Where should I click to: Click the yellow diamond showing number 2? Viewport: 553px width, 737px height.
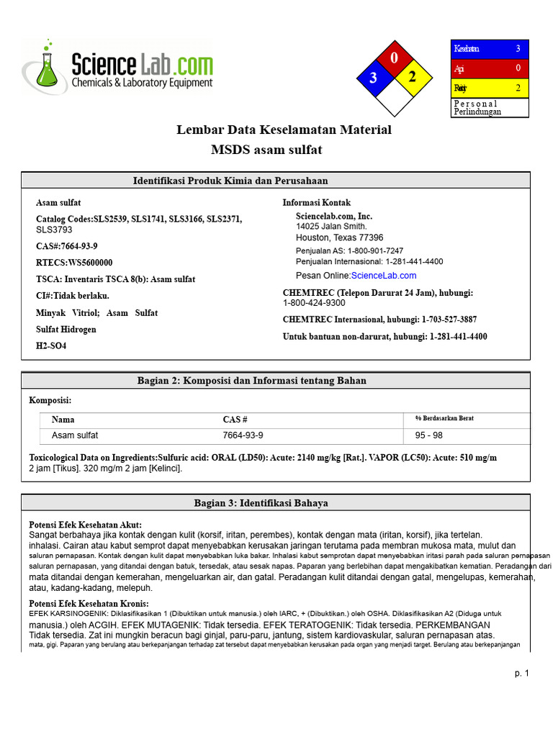(413, 78)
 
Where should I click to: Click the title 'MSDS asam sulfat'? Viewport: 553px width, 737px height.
(266, 150)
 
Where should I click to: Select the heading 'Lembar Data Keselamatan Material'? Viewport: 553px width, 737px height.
(284, 130)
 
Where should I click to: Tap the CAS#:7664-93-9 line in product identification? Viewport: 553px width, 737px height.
(67, 246)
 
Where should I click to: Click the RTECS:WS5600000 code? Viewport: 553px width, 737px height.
(74, 263)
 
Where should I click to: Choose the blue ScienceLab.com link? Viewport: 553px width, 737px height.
(383, 276)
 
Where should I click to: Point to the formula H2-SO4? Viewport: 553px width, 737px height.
(51, 345)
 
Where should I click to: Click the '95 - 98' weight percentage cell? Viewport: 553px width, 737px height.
(429, 435)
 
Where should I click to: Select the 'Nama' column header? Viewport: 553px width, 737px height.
(63, 420)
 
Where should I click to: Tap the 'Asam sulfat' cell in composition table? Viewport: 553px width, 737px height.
(75, 435)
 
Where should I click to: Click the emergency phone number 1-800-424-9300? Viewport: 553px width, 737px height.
(314, 303)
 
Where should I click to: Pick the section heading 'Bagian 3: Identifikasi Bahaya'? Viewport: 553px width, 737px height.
(261, 503)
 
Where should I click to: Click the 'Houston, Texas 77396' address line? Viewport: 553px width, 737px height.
(339, 238)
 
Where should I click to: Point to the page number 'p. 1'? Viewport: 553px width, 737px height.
(521, 674)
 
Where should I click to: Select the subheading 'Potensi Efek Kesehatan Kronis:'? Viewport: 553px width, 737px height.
(89, 603)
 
